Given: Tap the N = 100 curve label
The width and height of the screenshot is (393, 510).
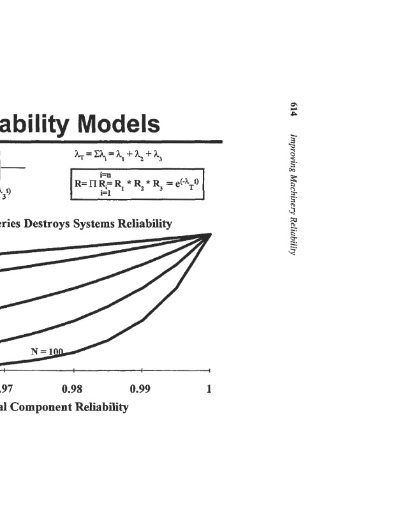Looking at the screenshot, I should pyautogui.click(x=48, y=351).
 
